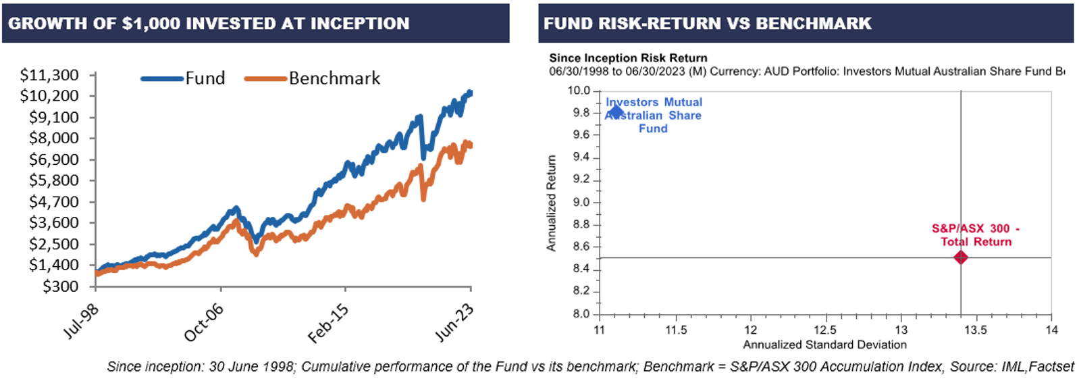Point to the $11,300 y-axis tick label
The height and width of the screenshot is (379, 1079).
[x=49, y=75]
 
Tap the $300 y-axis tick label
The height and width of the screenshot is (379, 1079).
[x=60, y=286]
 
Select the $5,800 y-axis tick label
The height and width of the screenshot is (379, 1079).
[x=53, y=180]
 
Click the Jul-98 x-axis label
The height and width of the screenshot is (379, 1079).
[x=80, y=322]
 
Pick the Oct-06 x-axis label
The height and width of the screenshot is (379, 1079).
[x=203, y=322]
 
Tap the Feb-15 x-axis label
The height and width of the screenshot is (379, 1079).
[x=328, y=323]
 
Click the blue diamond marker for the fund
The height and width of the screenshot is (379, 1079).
[x=615, y=111]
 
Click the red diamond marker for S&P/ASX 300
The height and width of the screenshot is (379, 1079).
[x=960, y=257]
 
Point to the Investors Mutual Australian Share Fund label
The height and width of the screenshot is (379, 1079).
[x=654, y=115]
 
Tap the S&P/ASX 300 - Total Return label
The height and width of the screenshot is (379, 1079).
[x=976, y=235]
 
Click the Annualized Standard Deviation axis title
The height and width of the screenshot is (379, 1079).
[x=824, y=345]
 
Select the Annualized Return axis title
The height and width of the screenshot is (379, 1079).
[x=552, y=203]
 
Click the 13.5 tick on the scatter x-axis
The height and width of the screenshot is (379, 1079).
[x=975, y=330]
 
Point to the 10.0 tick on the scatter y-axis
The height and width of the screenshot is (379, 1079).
[x=579, y=91]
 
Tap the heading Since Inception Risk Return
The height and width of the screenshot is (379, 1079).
[x=628, y=58]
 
